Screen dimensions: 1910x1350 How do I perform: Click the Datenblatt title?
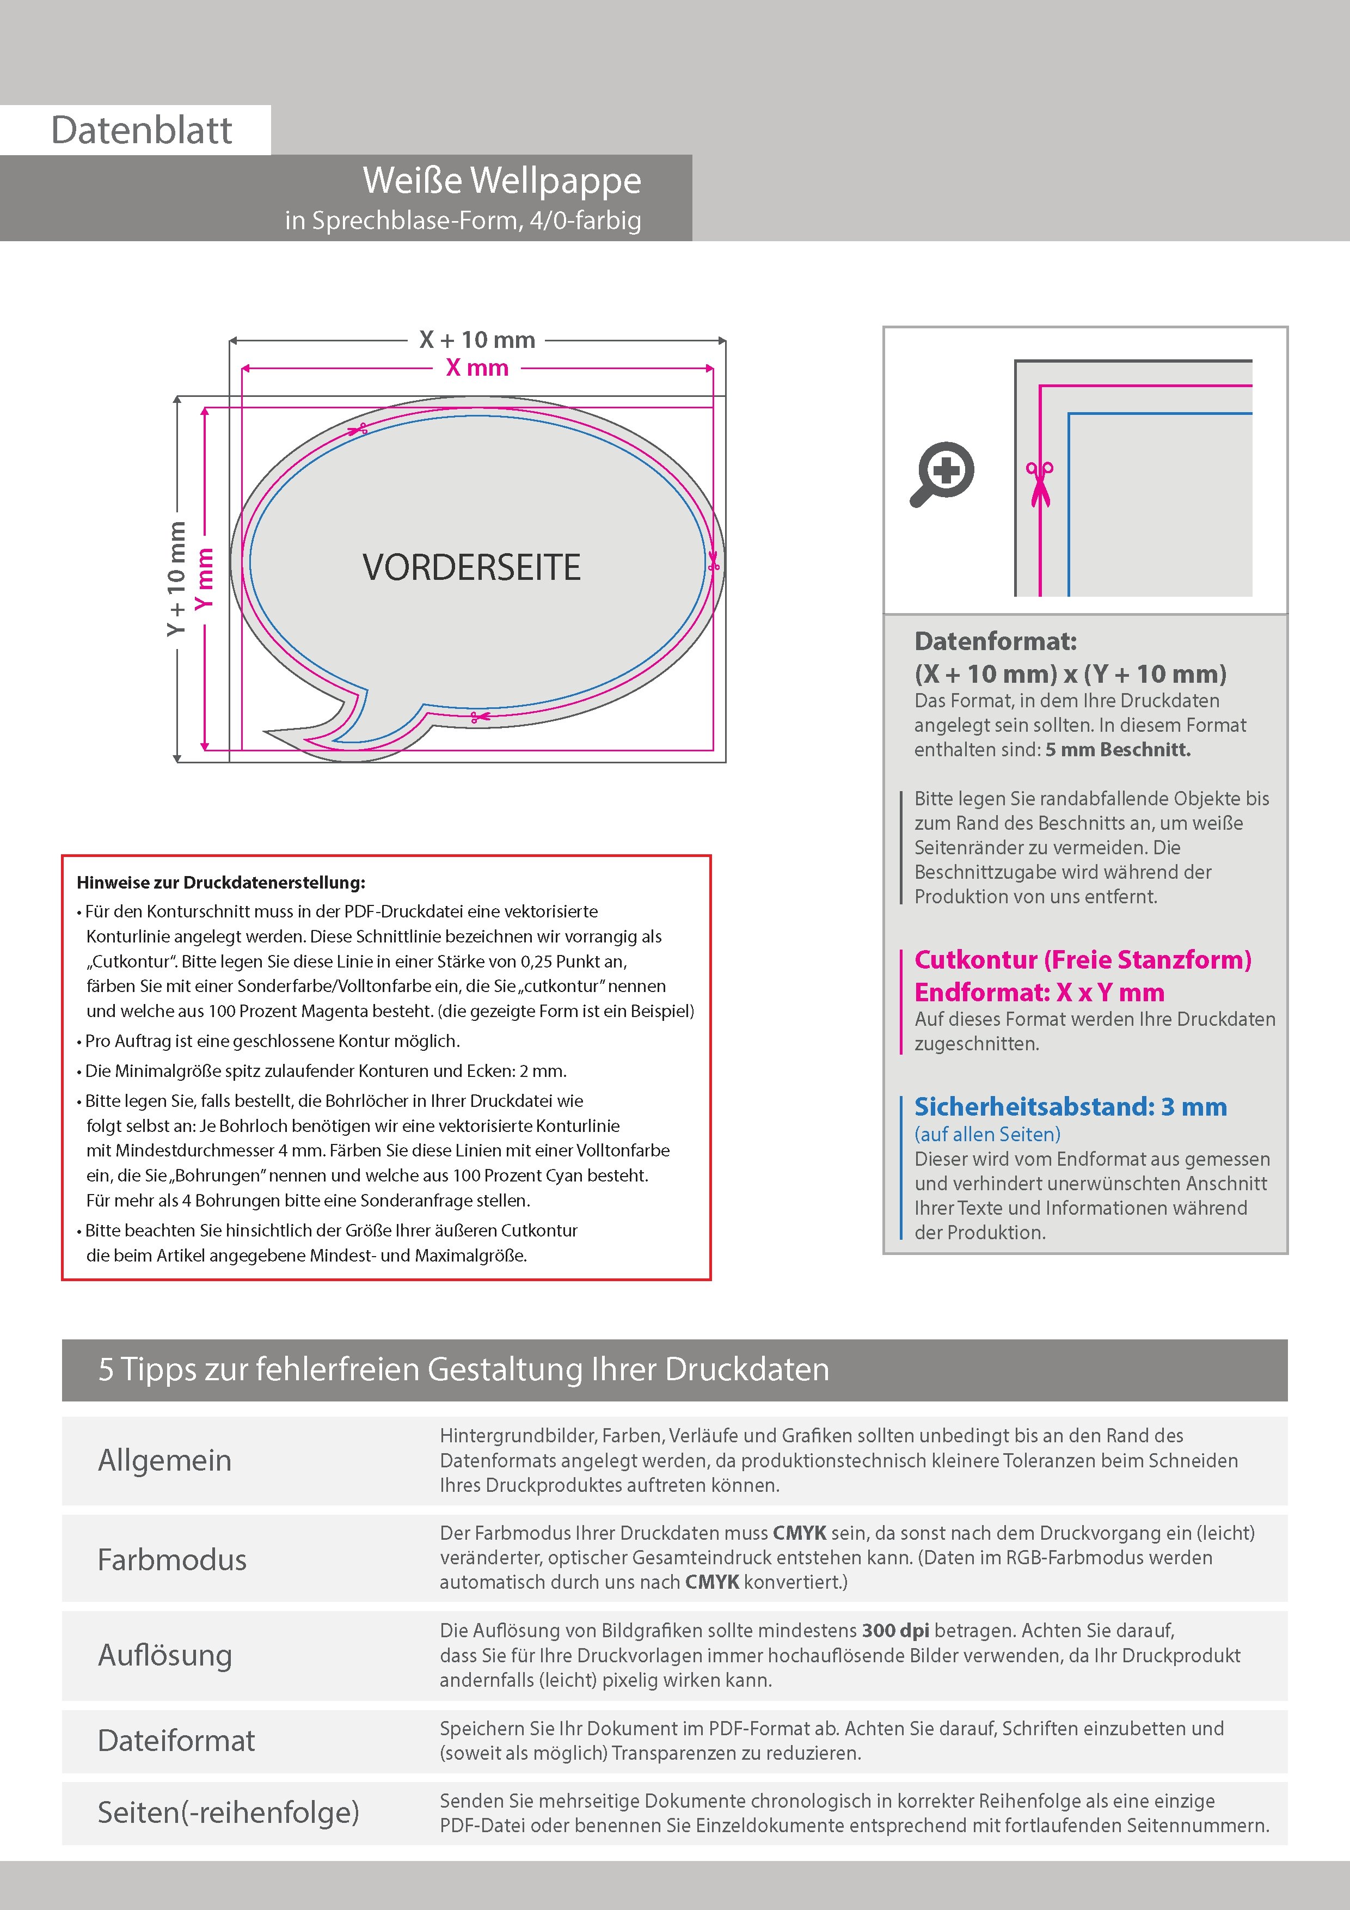coord(142,131)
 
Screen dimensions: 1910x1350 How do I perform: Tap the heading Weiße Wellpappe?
coord(501,181)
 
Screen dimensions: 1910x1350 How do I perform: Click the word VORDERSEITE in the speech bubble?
coord(471,567)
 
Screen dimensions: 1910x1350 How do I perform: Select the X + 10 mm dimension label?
coord(477,339)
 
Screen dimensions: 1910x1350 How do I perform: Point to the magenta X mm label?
coord(477,367)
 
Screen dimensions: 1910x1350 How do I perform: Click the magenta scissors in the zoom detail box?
coord(1039,482)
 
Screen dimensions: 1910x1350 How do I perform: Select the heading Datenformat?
coord(995,641)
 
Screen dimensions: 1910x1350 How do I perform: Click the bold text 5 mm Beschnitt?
coord(1118,750)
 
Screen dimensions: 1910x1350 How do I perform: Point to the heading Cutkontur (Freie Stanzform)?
coord(1082,960)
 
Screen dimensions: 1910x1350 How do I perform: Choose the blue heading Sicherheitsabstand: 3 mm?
coord(1070,1107)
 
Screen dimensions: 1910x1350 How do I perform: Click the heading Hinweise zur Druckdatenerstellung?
coord(220,883)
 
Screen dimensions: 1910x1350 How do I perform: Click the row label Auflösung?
coord(165,1655)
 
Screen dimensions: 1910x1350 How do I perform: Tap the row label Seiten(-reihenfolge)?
coord(229,1812)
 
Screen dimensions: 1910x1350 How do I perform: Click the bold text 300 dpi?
coord(896,1631)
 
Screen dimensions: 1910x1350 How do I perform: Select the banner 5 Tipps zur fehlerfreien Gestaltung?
coord(463,1369)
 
